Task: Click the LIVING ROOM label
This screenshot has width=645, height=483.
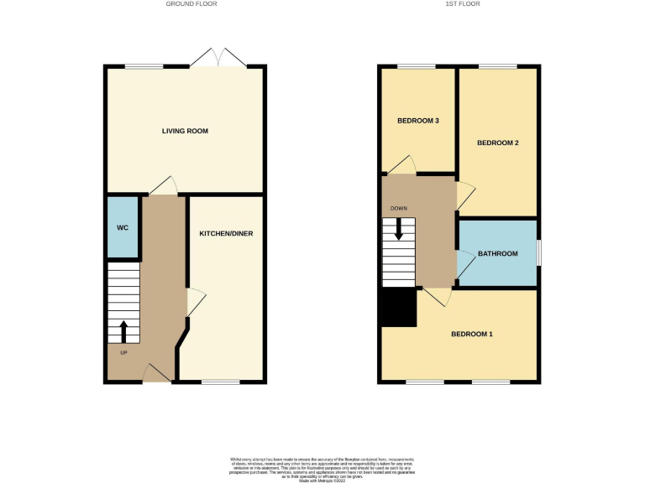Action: (x=185, y=131)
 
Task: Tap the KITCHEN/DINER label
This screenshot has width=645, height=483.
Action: (x=226, y=233)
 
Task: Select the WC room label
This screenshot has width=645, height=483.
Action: (x=122, y=227)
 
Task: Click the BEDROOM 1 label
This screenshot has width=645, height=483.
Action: (x=472, y=335)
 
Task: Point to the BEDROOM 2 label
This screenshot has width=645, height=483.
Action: (x=497, y=143)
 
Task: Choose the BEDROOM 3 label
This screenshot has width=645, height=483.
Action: (x=418, y=121)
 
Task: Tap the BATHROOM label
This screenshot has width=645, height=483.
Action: (x=497, y=254)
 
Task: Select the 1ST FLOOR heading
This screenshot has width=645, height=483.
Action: (x=461, y=4)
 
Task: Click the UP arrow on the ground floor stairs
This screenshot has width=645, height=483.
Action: (x=124, y=331)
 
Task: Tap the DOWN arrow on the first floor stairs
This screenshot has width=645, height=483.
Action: (x=399, y=229)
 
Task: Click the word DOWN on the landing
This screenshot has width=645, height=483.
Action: (x=397, y=205)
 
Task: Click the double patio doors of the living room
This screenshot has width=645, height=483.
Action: (x=218, y=59)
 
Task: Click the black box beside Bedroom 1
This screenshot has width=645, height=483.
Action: (x=398, y=308)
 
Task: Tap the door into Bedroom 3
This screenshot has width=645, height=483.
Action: (x=402, y=164)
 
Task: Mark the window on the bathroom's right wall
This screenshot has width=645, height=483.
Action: (x=538, y=253)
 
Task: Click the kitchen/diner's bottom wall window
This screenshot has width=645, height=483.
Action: (x=221, y=382)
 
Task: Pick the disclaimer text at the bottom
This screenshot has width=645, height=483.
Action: (x=322, y=467)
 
